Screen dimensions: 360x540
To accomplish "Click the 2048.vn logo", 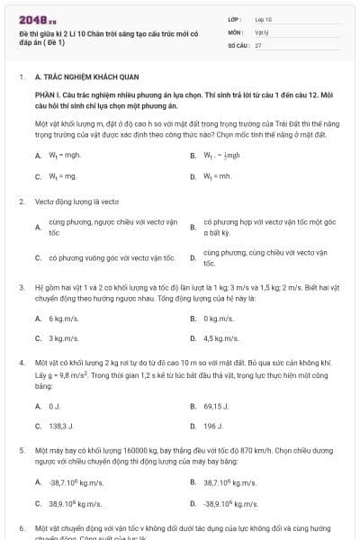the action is pos(31,20).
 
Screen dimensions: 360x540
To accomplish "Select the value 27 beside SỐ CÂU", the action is pos(258,44).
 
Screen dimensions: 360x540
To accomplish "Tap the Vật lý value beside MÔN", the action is pos(261,31).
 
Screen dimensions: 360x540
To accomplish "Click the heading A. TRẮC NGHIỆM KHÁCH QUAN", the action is pos(81,78).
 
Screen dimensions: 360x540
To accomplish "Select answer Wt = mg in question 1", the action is pos(57,176).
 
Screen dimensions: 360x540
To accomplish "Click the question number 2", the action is pos(21,202).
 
